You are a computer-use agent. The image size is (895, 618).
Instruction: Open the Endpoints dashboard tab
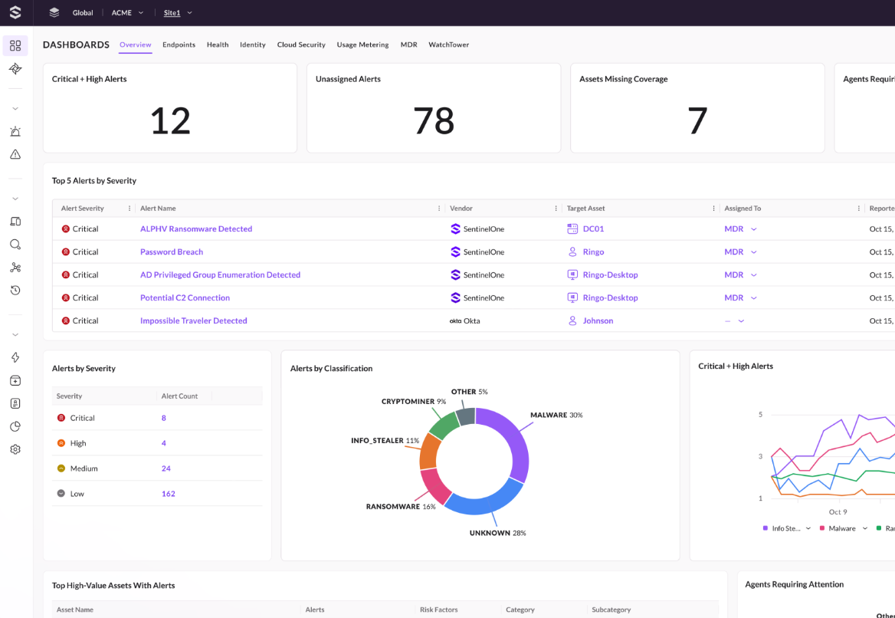[x=179, y=44]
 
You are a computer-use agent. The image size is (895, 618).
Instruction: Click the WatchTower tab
[x=448, y=44]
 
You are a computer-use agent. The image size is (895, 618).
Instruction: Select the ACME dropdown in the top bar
[x=127, y=12]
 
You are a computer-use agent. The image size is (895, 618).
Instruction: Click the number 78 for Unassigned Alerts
[x=434, y=120]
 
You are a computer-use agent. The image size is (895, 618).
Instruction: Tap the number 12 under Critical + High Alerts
[x=170, y=120]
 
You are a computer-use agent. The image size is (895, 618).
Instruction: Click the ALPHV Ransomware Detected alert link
[x=196, y=228]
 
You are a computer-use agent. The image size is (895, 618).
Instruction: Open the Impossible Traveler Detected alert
[x=193, y=321]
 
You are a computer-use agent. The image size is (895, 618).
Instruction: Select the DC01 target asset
[x=593, y=228]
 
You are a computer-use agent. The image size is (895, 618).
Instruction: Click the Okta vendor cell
[x=465, y=321]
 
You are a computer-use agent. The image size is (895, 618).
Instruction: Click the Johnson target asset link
[x=598, y=321]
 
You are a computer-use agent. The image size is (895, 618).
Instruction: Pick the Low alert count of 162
[x=169, y=494]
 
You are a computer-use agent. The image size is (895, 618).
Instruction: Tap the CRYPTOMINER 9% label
[x=414, y=402]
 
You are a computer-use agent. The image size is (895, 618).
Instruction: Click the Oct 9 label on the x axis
[x=838, y=512]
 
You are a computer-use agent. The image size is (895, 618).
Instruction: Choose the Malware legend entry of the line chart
[x=841, y=528]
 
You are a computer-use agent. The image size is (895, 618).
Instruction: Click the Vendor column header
[x=461, y=209]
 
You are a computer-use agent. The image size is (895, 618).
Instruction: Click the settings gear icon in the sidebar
[x=15, y=449]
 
